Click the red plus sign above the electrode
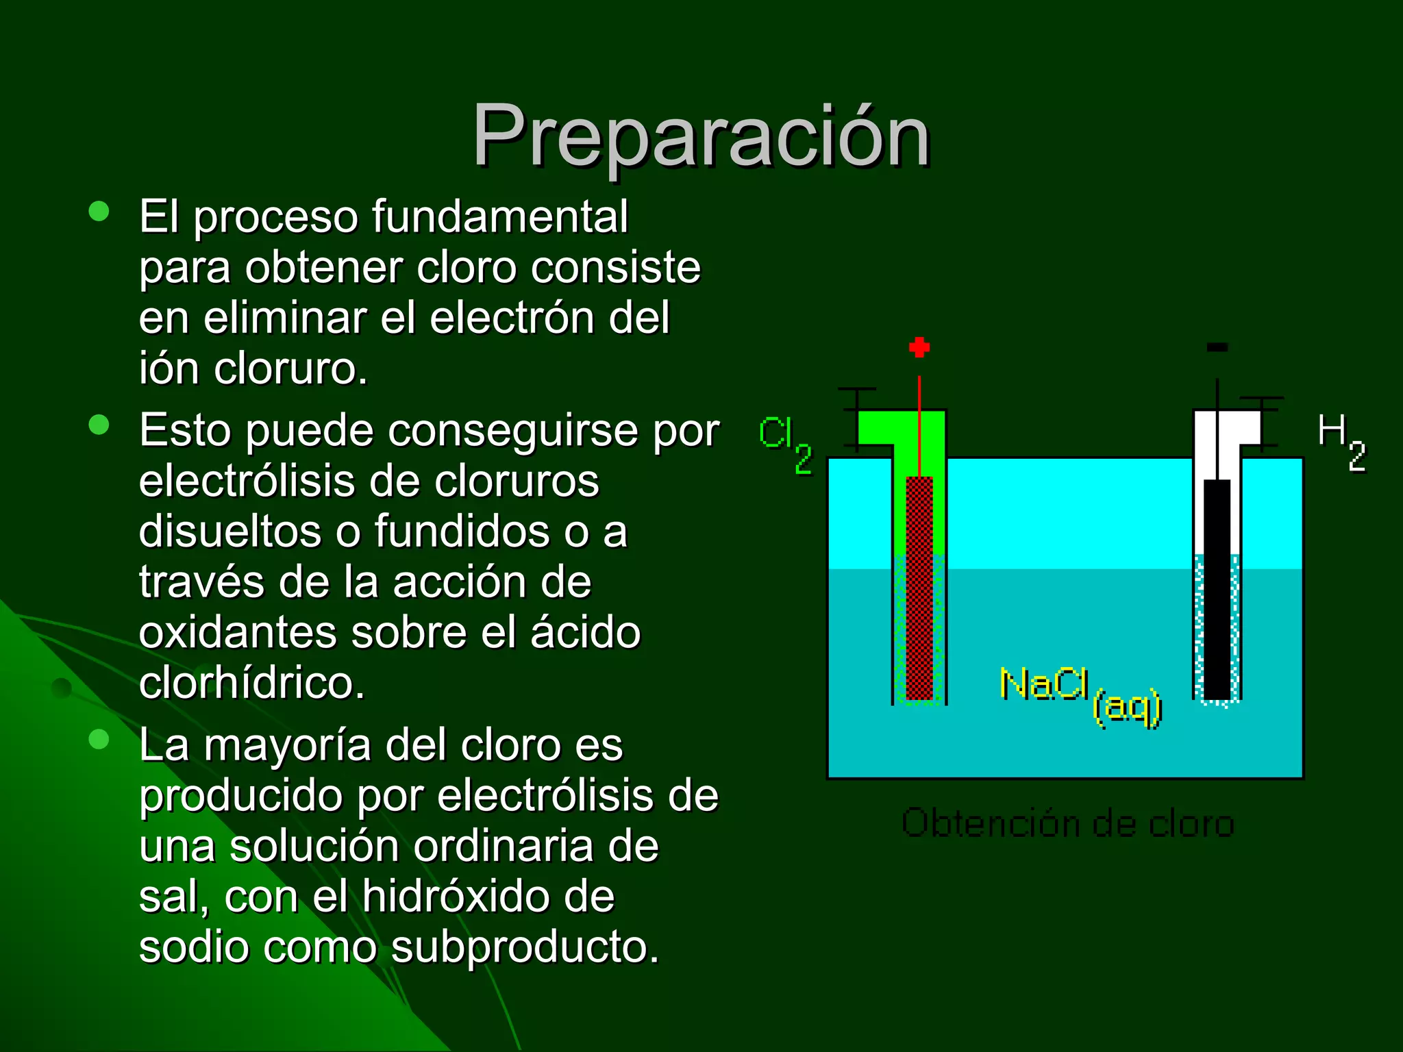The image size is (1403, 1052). click(x=919, y=347)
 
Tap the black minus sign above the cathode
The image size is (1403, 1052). click(x=1217, y=348)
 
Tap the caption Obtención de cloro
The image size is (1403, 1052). click(x=1067, y=823)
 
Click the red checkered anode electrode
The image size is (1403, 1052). click(x=919, y=589)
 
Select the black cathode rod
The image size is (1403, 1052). click(x=1217, y=589)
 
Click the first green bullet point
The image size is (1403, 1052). click(x=99, y=211)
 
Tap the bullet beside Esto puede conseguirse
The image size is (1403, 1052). click(x=99, y=425)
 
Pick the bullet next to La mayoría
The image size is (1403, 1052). click(x=99, y=740)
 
